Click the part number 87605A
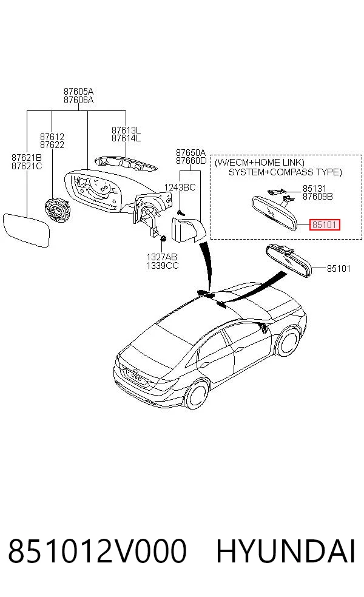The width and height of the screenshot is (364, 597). [x=78, y=92]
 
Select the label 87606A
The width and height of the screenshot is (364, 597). [x=78, y=100]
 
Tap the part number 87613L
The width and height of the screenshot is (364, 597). [x=126, y=130]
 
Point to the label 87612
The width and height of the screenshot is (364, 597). [x=52, y=137]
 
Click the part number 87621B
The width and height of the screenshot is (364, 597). [x=27, y=158]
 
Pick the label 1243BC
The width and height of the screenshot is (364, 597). [x=180, y=187]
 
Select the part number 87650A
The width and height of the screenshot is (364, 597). [x=190, y=152]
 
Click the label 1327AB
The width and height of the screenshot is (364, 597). [x=162, y=257]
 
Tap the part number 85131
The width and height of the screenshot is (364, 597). [x=314, y=189]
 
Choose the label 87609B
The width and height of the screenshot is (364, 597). [x=317, y=197]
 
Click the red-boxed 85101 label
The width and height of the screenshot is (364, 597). [x=325, y=224]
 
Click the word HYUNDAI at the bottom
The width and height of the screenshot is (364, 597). [x=286, y=551]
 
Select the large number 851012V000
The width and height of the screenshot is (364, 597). [x=98, y=551]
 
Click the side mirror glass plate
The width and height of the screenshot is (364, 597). [x=26, y=231]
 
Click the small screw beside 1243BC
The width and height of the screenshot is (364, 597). [x=181, y=212]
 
